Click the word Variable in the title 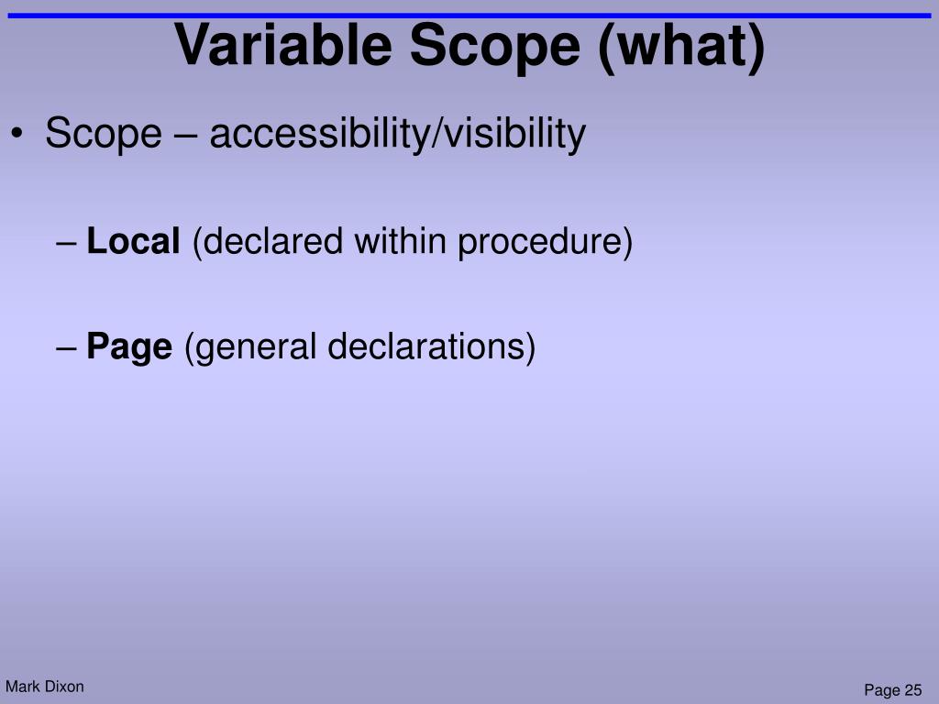point(285,45)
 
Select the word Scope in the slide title point(496,45)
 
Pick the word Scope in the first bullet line point(103,135)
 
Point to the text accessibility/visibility point(397,135)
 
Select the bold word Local point(134,242)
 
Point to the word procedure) point(546,242)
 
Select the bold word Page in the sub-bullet point(129,347)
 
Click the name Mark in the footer point(22,687)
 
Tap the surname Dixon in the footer point(63,687)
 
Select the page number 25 point(912,690)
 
